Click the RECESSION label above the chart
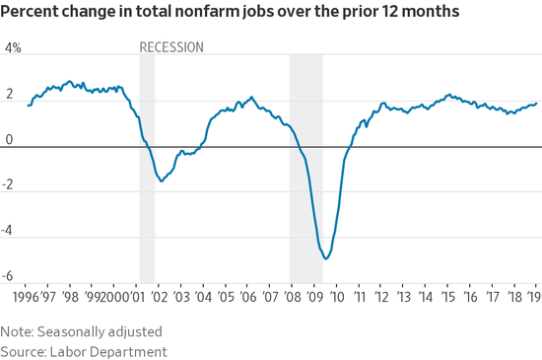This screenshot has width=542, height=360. (171, 47)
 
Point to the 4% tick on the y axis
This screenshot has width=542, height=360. (13, 48)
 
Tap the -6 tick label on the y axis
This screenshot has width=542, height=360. (7, 276)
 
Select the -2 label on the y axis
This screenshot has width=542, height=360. (7, 184)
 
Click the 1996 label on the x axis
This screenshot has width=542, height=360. (26, 297)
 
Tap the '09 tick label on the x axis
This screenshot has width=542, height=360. (315, 297)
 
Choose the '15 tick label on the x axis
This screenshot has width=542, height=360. (448, 297)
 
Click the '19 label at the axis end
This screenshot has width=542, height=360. (535, 297)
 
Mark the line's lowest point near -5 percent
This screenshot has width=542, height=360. (326, 258)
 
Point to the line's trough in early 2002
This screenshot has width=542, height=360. (162, 180)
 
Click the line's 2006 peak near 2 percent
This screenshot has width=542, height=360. (251, 98)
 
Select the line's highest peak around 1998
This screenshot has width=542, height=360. (70, 82)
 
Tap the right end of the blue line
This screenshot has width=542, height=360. (536, 103)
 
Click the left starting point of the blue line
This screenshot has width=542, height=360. (29, 106)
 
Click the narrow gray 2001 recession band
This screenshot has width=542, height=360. (147, 169)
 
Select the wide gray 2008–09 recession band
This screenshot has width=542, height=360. (306, 169)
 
